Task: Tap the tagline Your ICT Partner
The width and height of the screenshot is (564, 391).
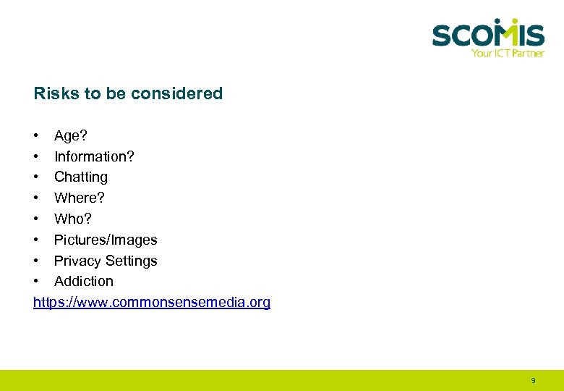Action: click(507, 53)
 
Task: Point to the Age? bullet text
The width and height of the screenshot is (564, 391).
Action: click(69, 135)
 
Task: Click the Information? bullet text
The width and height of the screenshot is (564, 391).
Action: click(94, 156)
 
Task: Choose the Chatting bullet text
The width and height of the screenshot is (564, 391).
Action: click(81, 177)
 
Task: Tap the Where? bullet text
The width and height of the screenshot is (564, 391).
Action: click(80, 198)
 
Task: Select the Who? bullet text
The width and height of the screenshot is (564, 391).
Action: click(73, 219)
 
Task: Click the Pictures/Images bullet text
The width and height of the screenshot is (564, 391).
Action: click(106, 240)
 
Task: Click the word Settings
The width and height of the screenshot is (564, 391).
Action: click(132, 261)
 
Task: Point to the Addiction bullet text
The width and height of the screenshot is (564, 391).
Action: click(84, 281)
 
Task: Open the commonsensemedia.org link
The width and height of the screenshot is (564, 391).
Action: click(152, 302)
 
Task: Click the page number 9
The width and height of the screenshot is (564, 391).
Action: click(533, 380)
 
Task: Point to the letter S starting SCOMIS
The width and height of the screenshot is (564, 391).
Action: click(443, 35)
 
